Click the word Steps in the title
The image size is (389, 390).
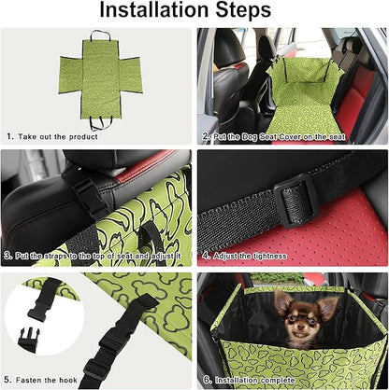click(x=244, y=11)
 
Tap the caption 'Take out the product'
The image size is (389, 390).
click(x=58, y=137)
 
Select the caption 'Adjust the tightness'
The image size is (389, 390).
click(x=250, y=256)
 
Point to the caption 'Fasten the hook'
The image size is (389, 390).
click(x=47, y=380)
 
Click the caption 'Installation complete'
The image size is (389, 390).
click(x=254, y=380)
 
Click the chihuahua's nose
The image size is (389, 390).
click(x=300, y=327)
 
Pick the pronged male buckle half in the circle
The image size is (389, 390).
click(x=29, y=340)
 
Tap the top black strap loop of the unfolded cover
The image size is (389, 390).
click(x=100, y=35)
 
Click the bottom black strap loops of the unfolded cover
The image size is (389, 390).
click(x=100, y=123)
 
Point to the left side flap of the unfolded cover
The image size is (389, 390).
click(x=71, y=75)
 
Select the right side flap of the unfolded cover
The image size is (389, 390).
click(x=131, y=76)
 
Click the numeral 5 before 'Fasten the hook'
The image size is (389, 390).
click(x=7, y=380)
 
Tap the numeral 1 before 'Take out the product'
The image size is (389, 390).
click(x=9, y=136)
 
